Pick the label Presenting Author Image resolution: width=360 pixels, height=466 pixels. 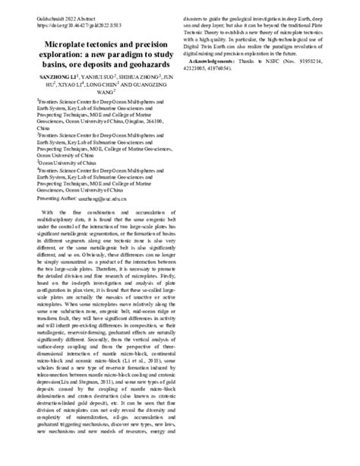59,197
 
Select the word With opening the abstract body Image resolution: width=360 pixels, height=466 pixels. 47,211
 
